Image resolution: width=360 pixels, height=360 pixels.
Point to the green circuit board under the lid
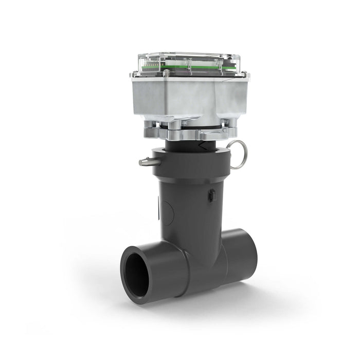pos(195,66)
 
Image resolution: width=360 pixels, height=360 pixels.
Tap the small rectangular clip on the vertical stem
pos(211,195)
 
